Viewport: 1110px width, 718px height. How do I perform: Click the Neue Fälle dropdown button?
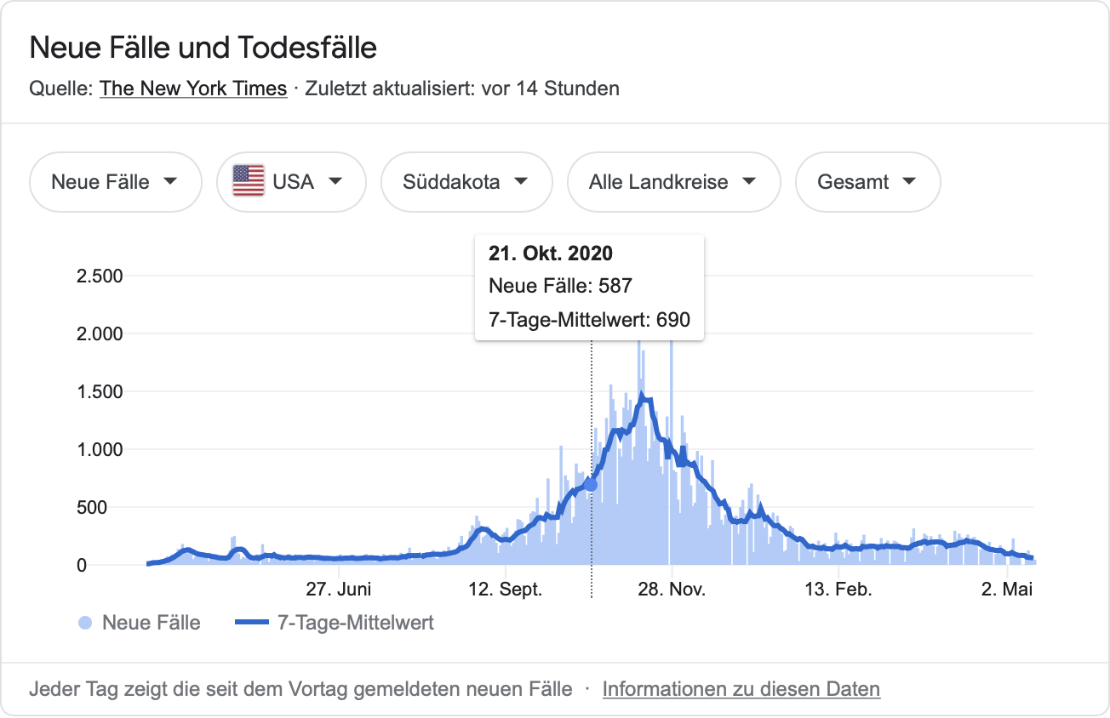[115, 182]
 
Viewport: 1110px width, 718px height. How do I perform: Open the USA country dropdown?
[291, 182]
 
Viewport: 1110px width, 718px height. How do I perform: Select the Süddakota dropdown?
[466, 182]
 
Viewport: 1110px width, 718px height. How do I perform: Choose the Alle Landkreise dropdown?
[672, 182]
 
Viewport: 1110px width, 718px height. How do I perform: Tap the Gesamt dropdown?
[867, 182]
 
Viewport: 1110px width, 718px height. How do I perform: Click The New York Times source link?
[193, 88]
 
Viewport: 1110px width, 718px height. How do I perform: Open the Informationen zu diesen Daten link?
[741, 688]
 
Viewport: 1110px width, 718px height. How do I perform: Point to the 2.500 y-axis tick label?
[100, 276]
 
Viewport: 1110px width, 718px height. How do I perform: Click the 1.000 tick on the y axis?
[100, 450]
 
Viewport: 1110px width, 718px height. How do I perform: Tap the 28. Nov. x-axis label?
[671, 590]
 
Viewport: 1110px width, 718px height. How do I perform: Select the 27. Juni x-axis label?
[338, 590]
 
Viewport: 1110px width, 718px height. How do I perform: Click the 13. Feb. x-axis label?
[838, 590]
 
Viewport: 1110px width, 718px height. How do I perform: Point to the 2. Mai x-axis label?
[1006, 590]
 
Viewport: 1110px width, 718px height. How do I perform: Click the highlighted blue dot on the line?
[591, 484]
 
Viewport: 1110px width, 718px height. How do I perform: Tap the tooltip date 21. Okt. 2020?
[550, 254]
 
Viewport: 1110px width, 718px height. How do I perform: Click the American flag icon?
[249, 181]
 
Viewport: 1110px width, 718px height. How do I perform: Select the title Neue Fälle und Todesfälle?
[203, 48]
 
